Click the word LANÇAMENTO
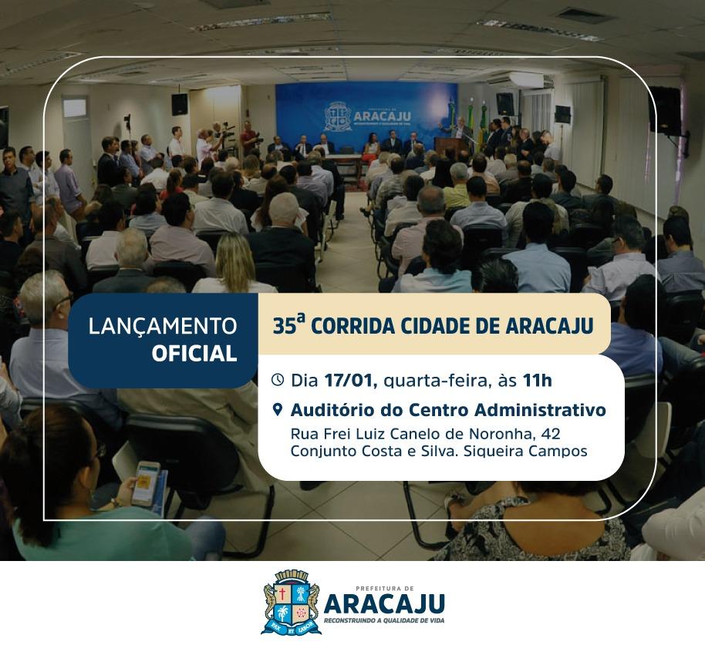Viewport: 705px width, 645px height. (x=163, y=326)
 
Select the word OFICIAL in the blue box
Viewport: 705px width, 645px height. (x=194, y=354)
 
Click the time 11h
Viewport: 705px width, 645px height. (x=537, y=381)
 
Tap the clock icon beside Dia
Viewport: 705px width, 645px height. (x=278, y=380)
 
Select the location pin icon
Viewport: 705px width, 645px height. (x=278, y=410)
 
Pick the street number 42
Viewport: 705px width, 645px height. (x=551, y=434)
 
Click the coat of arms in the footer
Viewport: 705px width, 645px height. (x=292, y=602)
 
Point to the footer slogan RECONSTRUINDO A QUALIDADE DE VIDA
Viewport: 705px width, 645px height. (x=384, y=621)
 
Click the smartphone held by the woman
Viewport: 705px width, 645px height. (x=145, y=484)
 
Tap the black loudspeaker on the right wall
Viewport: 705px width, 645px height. (x=665, y=111)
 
